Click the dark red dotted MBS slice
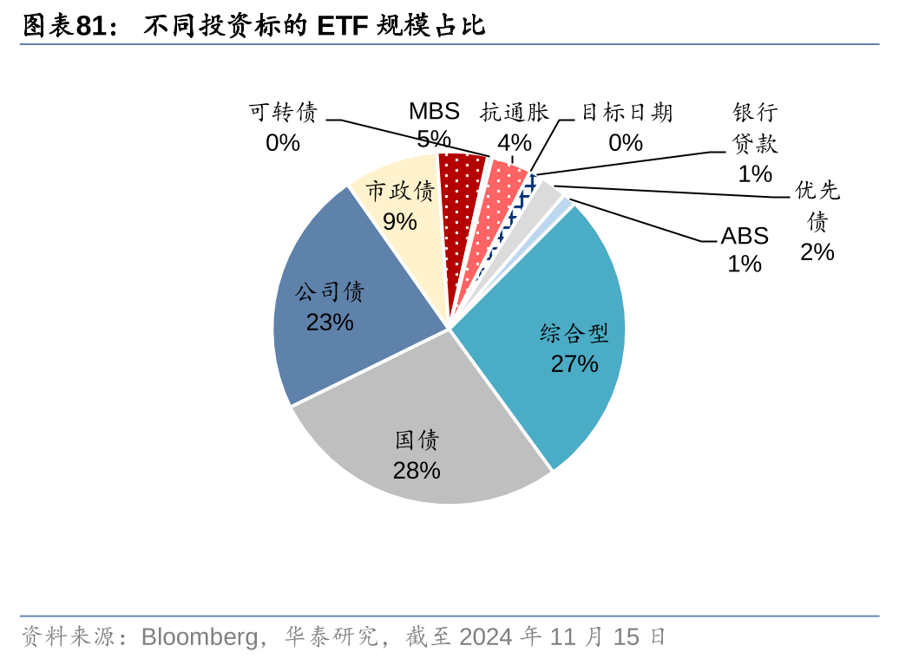tap(460, 217)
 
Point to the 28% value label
tap(417, 471)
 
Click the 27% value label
tap(574, 364)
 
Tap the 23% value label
tap(330, 323)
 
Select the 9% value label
tap(400, 222)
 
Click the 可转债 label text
tap(283, 113)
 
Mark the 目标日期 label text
tap(626, 113)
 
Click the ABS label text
tap(745, 236)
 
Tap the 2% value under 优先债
tap(817, 252)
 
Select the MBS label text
tap(434, 111)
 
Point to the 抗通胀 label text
tap(515, 113)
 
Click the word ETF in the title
tap(343, 27)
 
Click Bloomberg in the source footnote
tap(200, 637)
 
